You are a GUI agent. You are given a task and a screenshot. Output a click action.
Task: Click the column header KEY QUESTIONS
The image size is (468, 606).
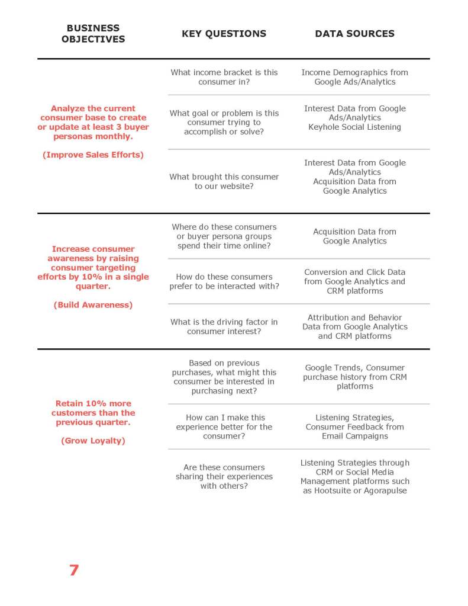pyautogui.click(x=224, y=34)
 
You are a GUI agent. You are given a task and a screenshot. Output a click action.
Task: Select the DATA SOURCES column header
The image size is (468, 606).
pyautogui.click(x=354, y=34)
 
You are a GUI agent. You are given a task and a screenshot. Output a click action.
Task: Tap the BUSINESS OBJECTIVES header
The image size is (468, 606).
pyautogui.click(x=93, y=34)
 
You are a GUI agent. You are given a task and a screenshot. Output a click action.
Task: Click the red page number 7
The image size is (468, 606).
pyautogui.click(x=74, y=570)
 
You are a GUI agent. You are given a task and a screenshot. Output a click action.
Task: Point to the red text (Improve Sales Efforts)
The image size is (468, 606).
pyautogui.click(x=93, y=155)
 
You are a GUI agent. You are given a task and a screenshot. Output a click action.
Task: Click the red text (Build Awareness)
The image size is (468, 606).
pyautogui.click(x=93, y=305)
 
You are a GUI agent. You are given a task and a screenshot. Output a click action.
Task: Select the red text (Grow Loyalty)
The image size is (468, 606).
pyautogui.click(x=93, y=441)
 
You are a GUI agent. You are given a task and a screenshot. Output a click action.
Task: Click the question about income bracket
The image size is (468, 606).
pyautogui.click(x=224, y=77)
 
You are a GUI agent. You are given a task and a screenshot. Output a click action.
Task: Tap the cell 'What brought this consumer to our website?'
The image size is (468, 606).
pyautogui.click(x=224, y=181)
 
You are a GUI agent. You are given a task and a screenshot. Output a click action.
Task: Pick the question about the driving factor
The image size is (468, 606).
pyautogui.click(x=224, y=326)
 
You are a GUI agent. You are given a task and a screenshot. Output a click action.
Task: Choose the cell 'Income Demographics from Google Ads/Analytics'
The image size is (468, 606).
pyautogui.click(x=354, y=77)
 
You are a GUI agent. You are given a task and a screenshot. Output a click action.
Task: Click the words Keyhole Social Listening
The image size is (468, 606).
pyautogui.click(x=354, y=127)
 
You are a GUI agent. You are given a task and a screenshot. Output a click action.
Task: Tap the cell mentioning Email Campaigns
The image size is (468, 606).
pyautogui.click(x=354, y=427)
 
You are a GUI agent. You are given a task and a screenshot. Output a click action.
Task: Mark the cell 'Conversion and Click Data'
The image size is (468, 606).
pyautogui.click(x=354, y=281)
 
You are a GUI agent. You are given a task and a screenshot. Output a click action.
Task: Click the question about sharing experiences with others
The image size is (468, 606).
pyautogui.click(x=224, y=476)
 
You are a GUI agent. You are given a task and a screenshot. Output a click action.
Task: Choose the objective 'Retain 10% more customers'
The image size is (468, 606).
pyautogui.click(x=93, y=413)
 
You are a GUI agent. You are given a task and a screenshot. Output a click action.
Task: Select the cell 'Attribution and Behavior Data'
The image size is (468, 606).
pyautogui.click(x=354, y=326)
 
